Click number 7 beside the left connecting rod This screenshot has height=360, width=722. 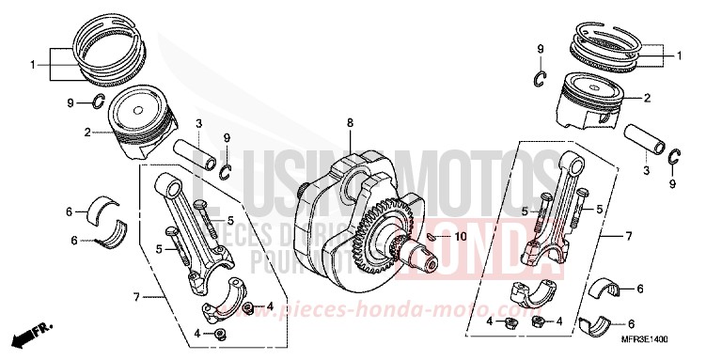(136, 297)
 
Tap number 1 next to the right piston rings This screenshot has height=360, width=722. (678, 57)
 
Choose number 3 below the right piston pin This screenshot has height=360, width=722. (645, 172)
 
